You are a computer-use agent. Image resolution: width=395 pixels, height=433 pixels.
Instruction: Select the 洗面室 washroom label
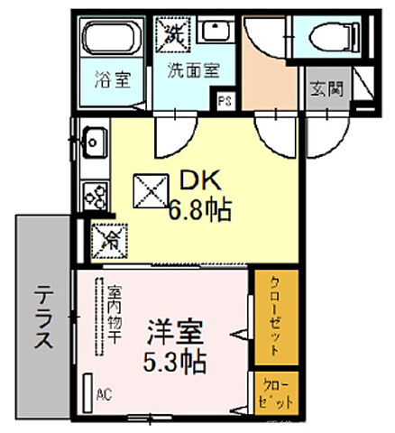[187, 69]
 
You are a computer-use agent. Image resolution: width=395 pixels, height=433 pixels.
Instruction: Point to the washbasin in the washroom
[216, 33]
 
